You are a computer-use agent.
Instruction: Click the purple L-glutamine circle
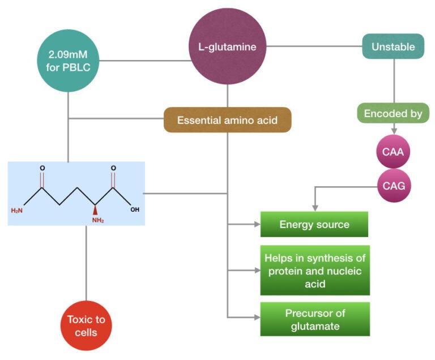point(227,47)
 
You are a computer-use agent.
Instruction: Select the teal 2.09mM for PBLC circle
point(68,58)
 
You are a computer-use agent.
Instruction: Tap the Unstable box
point(393,47)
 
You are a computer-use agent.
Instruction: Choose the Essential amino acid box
point(227,120)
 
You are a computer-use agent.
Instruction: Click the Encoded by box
point(393,113)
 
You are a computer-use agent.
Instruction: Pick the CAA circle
point(393,152)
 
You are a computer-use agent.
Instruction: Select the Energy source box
point(314,224)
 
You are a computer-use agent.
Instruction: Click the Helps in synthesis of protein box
point(314,270)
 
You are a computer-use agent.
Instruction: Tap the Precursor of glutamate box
point(314,319)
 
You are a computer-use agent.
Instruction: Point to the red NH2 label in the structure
point(97,220)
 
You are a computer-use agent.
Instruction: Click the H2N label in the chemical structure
point(17,210)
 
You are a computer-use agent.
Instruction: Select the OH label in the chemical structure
point(135,209)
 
